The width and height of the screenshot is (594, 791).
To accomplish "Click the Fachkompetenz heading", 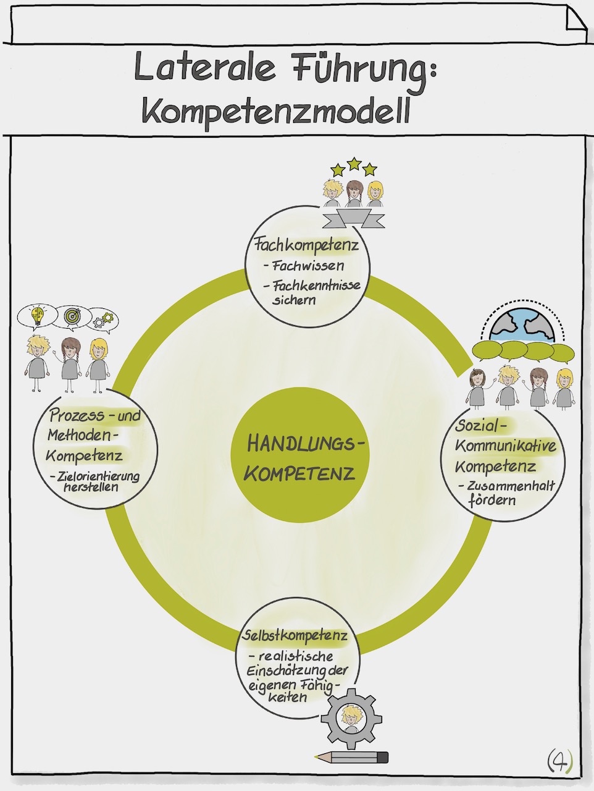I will pos(306,246).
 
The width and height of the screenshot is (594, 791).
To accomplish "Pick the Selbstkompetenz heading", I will pos(295,635).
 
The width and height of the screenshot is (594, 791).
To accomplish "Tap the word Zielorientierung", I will pos(98,476).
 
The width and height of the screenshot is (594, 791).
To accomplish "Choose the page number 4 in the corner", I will pos(559,761).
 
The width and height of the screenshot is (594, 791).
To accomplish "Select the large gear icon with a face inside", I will pos(351,717).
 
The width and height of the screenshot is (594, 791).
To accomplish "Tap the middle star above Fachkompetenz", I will pos(354,164).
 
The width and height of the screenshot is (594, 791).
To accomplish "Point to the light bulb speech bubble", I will pos(38,317).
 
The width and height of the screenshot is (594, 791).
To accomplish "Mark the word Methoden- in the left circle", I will pos(81,435).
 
